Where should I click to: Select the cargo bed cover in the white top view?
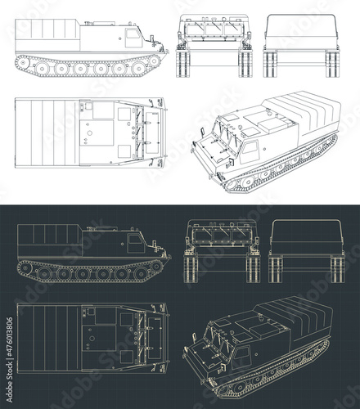tap(45, 130)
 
